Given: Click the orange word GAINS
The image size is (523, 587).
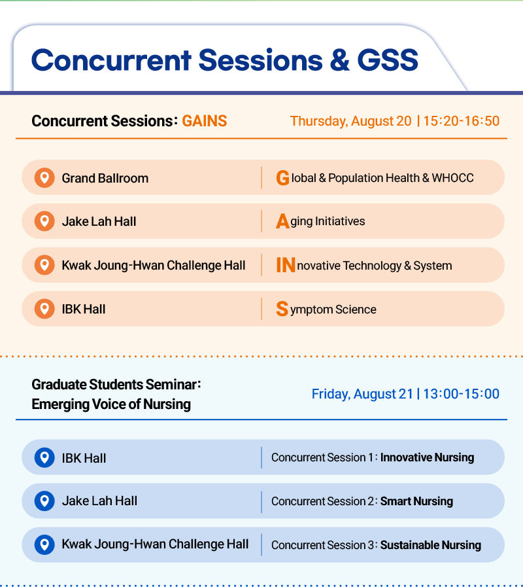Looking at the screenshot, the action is coord(204,121).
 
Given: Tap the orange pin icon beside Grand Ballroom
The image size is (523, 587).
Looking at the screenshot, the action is coord(44,177).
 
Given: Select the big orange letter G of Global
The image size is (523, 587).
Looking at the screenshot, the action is coord(283,178).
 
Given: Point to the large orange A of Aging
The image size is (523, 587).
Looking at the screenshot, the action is coord(283,221).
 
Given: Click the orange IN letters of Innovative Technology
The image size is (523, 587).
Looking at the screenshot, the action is coord(286,265).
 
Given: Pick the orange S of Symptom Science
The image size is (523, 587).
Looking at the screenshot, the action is coord(282,309).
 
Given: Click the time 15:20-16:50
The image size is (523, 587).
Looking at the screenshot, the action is coord(462,121).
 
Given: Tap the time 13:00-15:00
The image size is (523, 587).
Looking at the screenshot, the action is coord(462,394).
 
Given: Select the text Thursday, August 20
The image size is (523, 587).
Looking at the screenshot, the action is coord(350,121).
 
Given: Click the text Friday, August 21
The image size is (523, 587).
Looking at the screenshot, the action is coord(362,394).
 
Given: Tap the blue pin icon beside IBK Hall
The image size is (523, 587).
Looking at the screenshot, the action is coord(44,457).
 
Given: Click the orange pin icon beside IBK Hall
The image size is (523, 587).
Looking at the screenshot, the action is coord(44,309).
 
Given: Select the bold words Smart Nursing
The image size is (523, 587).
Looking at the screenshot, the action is coord(416,501).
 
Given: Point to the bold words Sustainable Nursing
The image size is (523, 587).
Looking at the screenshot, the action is coord(431,545).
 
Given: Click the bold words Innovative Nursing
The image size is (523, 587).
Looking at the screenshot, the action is coord(428,457).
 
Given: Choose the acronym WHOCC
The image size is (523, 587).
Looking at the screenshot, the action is coord(452,178).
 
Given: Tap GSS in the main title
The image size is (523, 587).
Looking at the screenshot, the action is coord(388,60).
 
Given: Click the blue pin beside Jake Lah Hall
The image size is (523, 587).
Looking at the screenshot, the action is coord(44,501).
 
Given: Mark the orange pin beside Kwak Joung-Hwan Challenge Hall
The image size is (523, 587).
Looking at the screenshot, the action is coord(44,265).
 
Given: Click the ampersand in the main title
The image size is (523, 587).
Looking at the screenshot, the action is coord(340,60).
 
